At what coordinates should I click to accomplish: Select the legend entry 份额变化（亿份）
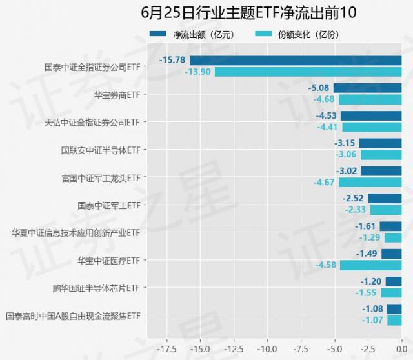pos(308,34)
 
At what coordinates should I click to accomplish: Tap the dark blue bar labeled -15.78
pos(287,61)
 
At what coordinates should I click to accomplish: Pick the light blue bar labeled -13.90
pos(308,72)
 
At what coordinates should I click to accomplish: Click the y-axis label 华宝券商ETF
pos(117,94)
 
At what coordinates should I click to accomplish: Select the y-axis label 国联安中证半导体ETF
pos(100,150)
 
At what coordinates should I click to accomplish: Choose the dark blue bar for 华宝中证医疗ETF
pos(391,254)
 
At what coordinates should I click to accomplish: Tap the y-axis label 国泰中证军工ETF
pos(108,205)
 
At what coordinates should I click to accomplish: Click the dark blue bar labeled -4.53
pos(371,116)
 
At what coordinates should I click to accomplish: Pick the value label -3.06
pos(346,155)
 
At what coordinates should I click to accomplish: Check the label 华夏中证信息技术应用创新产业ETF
pos(76,233)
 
